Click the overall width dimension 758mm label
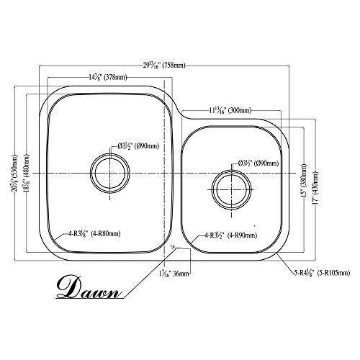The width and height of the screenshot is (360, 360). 174,66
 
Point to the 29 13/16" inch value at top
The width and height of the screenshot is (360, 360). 154,66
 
